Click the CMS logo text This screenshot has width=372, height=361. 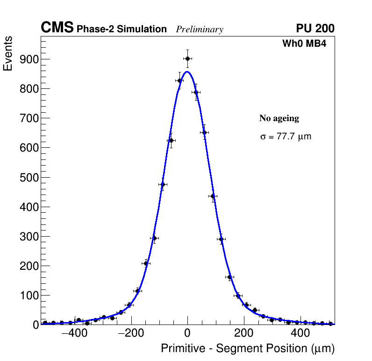pos(57,28)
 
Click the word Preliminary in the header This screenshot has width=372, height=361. pos(200,29)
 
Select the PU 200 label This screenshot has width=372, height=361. pos(315,29)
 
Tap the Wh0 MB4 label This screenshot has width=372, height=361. pos(304,44)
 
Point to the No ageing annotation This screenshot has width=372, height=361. pos(279,118)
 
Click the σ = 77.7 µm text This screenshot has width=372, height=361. pos(286,137)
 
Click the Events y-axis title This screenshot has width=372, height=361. pos(8,54)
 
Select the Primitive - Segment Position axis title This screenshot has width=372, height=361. pos(248,348)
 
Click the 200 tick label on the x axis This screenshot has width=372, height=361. pos(243,333)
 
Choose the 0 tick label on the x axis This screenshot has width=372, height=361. pos(187,333)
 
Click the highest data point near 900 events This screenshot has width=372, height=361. pos(187,58)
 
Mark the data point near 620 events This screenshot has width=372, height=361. pos(171,140)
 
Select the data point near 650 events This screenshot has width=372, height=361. pos(204,132)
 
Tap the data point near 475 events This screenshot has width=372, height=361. pos(163,184)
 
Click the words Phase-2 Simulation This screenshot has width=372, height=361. pos(122,29)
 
